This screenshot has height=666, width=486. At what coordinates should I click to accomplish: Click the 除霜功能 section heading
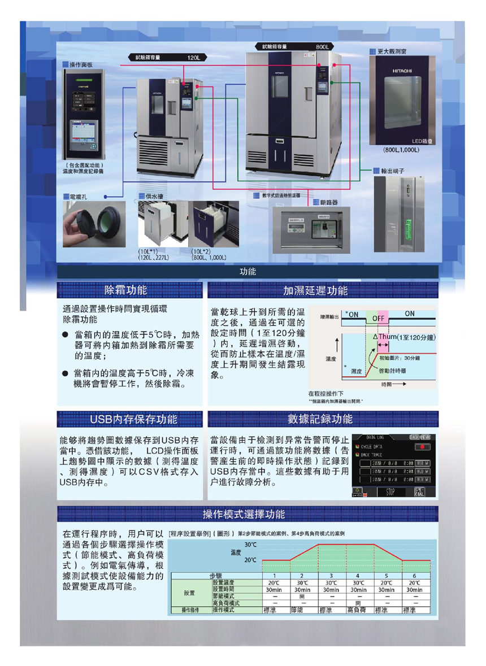[126, 290]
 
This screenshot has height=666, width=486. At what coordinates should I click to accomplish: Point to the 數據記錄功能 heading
[320, 419]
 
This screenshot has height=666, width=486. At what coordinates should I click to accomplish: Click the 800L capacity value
[322, 46]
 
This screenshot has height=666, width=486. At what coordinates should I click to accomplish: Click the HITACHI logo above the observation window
[402, 71]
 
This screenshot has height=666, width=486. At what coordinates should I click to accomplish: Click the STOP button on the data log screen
[390, 493]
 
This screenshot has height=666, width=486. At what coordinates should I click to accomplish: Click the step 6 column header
[414, 575]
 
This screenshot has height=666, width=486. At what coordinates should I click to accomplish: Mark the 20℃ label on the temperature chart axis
[250, 560]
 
